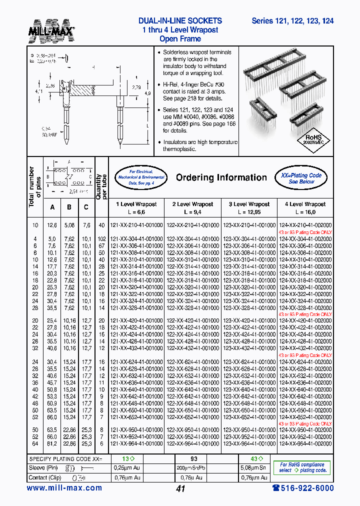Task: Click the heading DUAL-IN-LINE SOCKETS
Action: pyautogui.click(x=179, y=21)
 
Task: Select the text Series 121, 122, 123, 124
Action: pyautogui.click(x=292, y=21)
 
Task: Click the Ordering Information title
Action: pyautogui.click(x=221, y=177)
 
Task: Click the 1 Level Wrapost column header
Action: pyautogui.click(x=136, y=204)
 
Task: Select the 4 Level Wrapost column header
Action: pyautogui.click(x=304, y=204)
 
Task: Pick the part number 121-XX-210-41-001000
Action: pyautogui.click(x=136, y=225)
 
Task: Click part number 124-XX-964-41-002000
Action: pyautogui.click(x=305, y=443)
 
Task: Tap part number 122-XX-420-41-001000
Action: pyautogui.click(x=192, y=320)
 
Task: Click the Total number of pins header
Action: pyautogui.click(x=33, y=187)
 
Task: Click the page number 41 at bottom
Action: pyautogui.click(x=180, y=488)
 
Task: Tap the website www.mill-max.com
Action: pyautogui.click(x=64, y=488)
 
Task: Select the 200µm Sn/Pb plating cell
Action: pyautogui.click(x=192, y=468)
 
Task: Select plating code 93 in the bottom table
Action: pyautogui.click(x=192, y=459)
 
